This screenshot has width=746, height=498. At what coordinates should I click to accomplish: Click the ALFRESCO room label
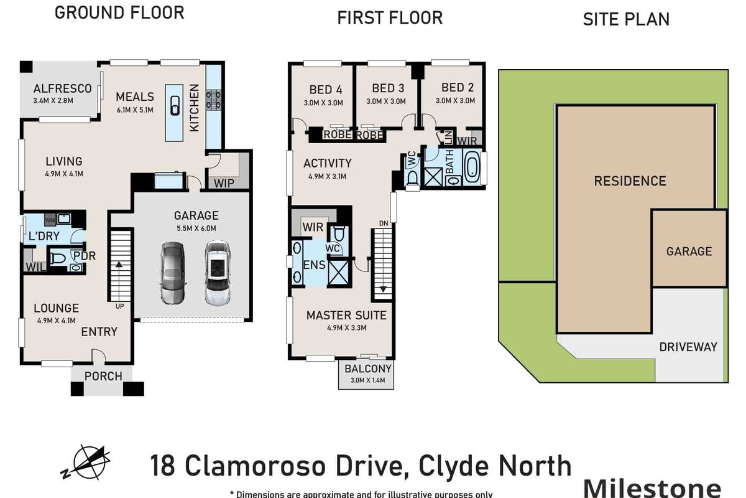(x=62, y=88)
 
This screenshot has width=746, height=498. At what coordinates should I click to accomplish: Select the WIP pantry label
(x=224, y=183)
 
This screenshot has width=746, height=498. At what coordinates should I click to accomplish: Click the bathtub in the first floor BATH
(x=473, y=168)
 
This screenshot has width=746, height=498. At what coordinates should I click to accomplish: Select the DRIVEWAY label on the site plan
(x=688, y=347)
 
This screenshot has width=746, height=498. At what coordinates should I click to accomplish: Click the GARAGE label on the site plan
(x=689, y=251)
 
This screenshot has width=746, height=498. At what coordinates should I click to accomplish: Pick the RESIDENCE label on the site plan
(x=630, y=181)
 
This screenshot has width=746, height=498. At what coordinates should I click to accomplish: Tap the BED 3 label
(x=388, y=88)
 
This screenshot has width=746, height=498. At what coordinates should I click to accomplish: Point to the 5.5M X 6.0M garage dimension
(x=196, y=228)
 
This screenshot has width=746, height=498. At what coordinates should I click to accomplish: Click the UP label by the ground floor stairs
(x=118, y=306)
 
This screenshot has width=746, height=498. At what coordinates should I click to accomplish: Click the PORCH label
(x=103, y=376)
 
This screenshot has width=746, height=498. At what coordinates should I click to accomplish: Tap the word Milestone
(x=653, y=486)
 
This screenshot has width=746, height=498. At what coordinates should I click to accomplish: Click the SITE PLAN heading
(x=626, y=19)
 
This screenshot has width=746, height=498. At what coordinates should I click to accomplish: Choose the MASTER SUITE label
(x=346, y=315)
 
